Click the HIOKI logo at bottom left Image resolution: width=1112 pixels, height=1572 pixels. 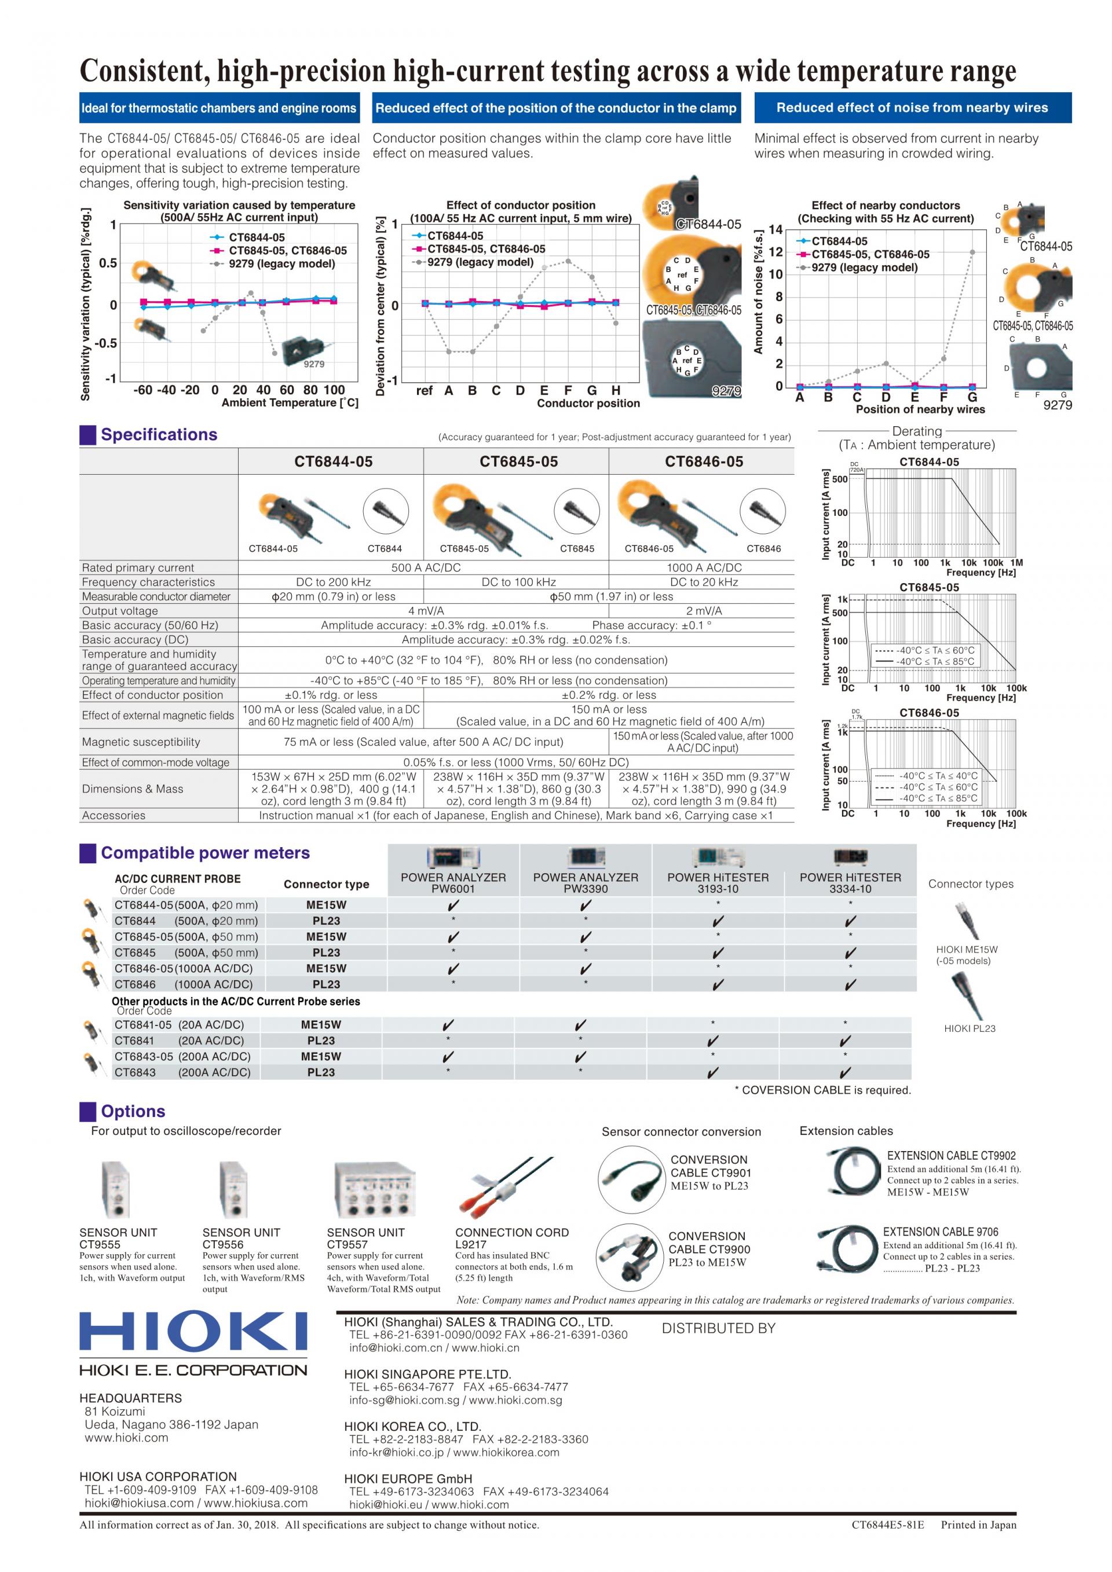pyautogui.click(x=193, y=1331)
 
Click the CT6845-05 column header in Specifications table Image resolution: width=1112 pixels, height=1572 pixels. pyautogui.click(x=518, y=461)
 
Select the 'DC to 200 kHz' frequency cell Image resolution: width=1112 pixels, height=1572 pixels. pyautogui.click(x=333, y=582)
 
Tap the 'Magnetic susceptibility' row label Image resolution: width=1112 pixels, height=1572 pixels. pyautogui.click(x=141, y=742)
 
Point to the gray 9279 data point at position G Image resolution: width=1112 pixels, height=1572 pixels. pyautogui.click(x=972, y=252)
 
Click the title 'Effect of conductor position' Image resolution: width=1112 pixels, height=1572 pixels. pyautogui.click(x=521, y=205)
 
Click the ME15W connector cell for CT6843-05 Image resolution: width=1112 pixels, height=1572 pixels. pyautogui.click(x=320, y=1057)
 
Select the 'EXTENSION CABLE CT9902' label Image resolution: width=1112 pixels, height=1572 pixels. pyautogui.click(x=951, y=1155)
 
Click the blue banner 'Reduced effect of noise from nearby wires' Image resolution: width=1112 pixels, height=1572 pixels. pyautogui.click(x=912, y=108)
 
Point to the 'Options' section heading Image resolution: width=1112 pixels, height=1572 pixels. pyautogui.click(x=133, y=1111)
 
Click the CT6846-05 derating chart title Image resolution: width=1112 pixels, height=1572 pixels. pyautogui.click(x=928, y=712)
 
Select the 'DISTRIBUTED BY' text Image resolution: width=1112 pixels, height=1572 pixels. pyautogui.click(x=718, y=1328)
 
